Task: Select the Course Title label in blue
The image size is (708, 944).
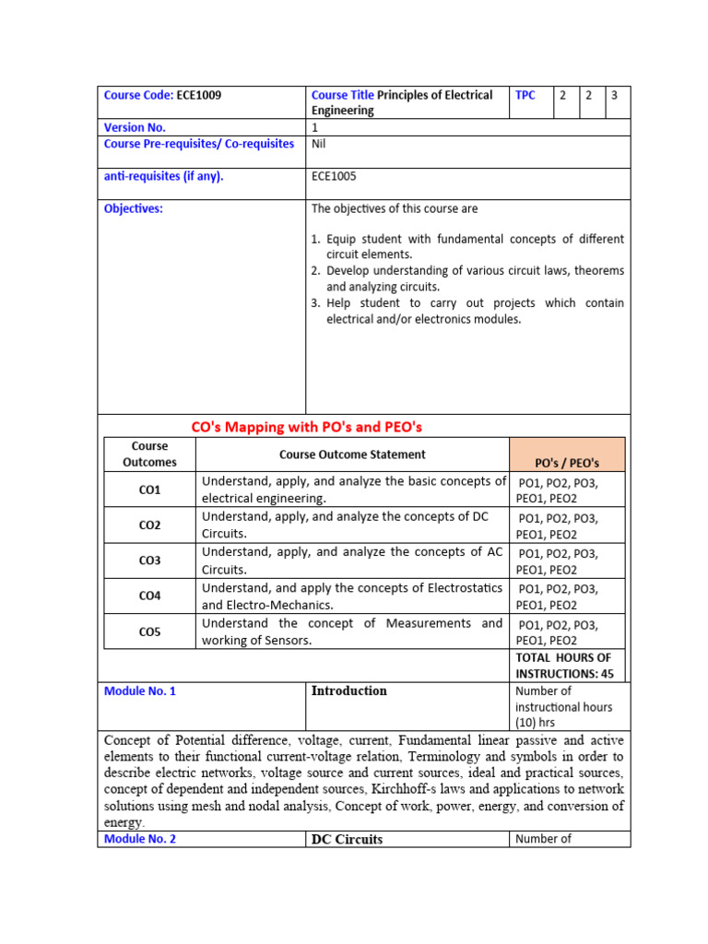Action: click(343, 95)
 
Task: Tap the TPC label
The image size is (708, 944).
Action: click(525, 95)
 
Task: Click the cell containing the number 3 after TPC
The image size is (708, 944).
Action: click(615, 95)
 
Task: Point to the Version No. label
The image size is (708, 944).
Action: click(135, 128)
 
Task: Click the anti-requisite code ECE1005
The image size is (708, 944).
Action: click(335, 176)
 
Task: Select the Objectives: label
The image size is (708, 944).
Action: click(134, 208)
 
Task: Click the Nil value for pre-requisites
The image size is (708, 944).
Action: click(319, 144)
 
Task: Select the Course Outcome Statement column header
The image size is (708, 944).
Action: click(352, 454)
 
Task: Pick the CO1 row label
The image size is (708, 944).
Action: click(149, 490)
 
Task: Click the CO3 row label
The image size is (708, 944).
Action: click(149, 560)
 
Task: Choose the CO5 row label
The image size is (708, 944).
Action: click(149, 631)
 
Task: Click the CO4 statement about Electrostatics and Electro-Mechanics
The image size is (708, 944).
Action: click(352, 596)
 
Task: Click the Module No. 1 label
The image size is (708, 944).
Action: click(140, 691)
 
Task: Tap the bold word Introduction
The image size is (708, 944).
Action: click(348, 691)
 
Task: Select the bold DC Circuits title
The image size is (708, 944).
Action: click(347, 839)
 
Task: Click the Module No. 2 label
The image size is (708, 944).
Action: click(140, 839)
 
